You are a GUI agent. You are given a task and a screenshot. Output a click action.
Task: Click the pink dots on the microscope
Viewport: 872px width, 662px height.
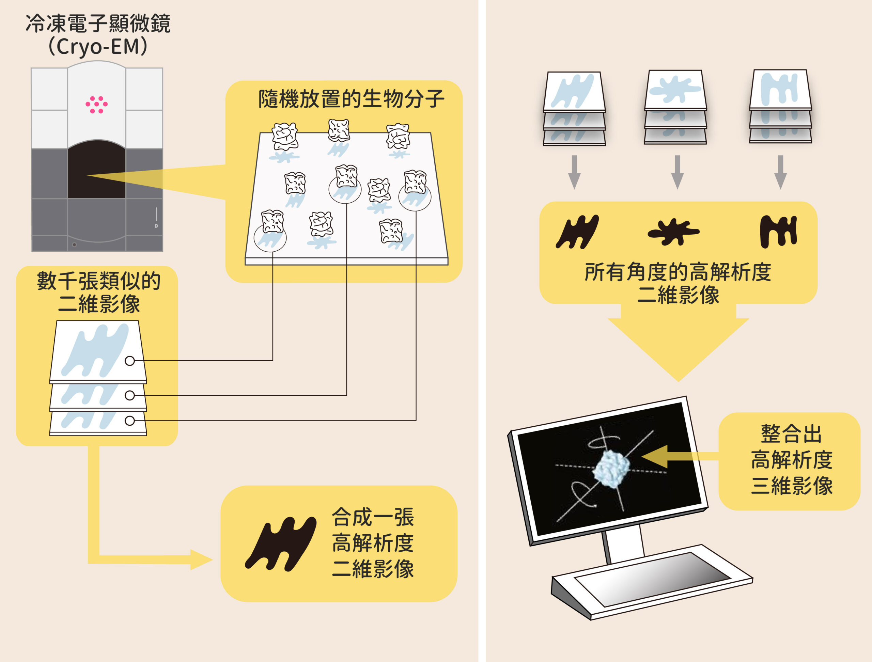(x=97, y=105)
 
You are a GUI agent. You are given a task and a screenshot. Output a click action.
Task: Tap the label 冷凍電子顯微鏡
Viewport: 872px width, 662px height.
(x=98, y=23)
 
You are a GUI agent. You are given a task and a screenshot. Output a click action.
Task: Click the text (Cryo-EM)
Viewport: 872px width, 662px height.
(x=98, y=47)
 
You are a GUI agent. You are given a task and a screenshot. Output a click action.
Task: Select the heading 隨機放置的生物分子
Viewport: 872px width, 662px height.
(x=351, y=99)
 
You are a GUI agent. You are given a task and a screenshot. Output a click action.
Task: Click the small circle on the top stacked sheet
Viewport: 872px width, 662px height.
(x=130, y=361)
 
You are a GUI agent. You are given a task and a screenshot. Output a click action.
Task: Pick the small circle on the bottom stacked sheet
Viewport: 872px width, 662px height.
(x=130, y=421)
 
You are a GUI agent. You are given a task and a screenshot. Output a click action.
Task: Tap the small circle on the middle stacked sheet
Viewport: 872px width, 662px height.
(x=130, y=395)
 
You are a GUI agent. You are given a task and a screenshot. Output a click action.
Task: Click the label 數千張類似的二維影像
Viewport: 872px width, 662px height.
(x=98, y=293)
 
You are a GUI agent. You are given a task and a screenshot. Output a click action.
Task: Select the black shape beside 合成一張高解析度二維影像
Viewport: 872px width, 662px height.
(x=281, y=544)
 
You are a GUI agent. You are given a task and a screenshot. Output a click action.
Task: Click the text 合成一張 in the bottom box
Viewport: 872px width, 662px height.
(x=373, y=517)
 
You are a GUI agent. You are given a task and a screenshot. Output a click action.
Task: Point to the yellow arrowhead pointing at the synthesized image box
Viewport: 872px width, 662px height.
(x=201, y=559)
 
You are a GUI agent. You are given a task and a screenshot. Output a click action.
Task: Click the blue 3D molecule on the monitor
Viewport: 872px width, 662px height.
(x=611, y=469)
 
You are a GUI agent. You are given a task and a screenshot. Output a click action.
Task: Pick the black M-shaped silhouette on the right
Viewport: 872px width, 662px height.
(x=779, y=232)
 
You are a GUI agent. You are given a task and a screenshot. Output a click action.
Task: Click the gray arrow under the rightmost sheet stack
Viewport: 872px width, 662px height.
(x=781, y=172)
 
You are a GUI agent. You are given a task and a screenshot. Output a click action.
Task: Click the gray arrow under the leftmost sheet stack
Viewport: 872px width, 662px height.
(x=574, y=172)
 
